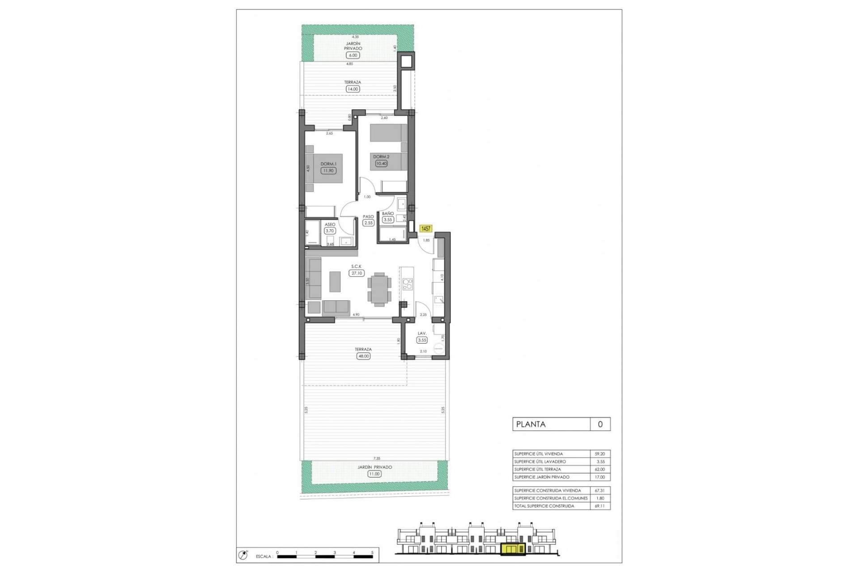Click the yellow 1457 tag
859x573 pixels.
pos(425,229)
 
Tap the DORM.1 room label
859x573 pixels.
pos(328,164)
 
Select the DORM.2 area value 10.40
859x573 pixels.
pos(381,163)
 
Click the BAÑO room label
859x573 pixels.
pos(387,214)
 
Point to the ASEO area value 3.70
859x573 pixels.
pos(330,231)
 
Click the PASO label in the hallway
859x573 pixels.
pos(368,217)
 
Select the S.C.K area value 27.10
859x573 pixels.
pos(357,273)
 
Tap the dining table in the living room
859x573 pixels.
pos(379,289)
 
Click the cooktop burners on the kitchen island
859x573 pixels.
pos(407,284)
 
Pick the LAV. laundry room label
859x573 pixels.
pos(421,334)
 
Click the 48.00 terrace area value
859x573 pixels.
pos(363,356)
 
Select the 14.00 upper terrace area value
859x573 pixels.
pos(353,89)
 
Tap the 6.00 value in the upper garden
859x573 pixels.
pos(353,56)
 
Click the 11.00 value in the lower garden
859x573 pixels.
pos(374,474)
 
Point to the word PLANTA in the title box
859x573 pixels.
pos(531,424)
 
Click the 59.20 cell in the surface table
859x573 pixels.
pos(600,454)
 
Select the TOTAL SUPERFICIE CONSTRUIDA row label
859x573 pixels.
pos(544,506)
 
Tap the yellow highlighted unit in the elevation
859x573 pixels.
pos(513,549)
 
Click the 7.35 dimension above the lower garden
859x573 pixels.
pos(377,458)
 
